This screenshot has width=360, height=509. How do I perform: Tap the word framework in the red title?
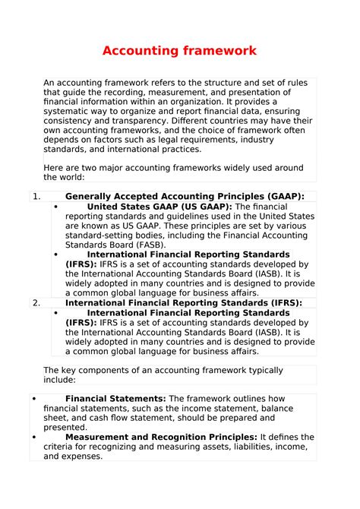pos(219,51)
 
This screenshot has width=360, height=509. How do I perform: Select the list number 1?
pos(36,196)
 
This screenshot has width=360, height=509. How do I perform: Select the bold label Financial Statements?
pos(115,398)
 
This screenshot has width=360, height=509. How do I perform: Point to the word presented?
pos(65,427)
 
